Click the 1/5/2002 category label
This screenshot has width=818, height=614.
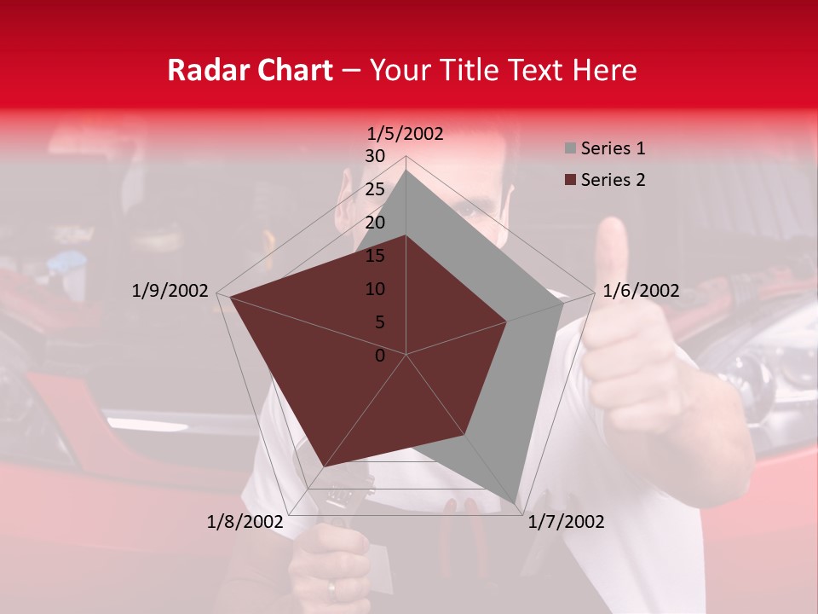(x=406, y=133)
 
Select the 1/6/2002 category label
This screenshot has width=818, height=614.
(x=641, y=291)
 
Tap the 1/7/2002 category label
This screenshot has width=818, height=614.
(x=566, y=522)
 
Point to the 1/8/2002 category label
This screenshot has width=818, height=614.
(x=245, y=522)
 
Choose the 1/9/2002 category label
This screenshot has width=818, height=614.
(x=170, y=291)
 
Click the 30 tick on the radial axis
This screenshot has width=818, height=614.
(x=375, y=156)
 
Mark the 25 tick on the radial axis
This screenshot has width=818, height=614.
(x=375, y=189)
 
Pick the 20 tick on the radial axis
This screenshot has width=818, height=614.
(x=375, y=223)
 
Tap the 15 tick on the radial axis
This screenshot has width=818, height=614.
(x=375, y=256)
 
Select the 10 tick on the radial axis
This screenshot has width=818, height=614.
(x=375, y=289)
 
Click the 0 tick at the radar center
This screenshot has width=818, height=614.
(x=380, y=356)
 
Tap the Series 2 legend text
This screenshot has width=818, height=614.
(x=613, y=180)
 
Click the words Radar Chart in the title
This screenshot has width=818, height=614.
(x=250, y=70)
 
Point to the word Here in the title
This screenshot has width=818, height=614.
(x=604, y=70)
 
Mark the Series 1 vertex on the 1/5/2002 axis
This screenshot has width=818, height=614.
(x=406, y=170)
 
